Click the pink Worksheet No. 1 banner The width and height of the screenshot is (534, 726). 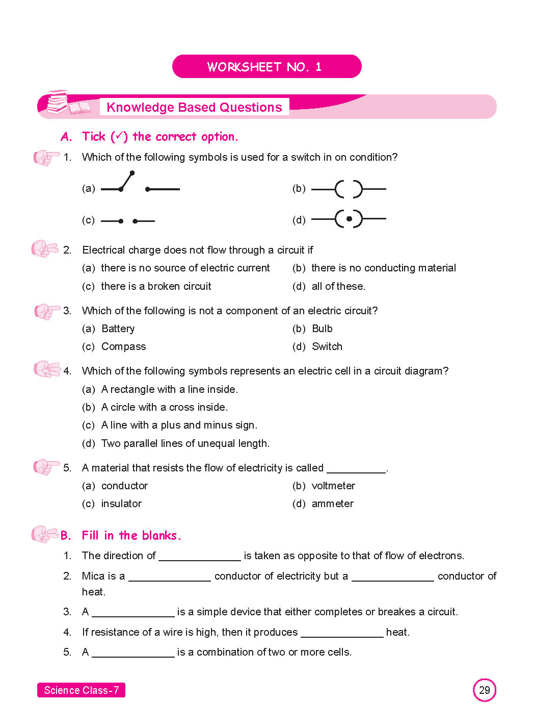coord(266,67)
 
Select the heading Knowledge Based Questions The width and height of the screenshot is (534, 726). coord(194,107)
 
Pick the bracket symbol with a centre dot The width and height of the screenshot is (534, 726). coord(349,219)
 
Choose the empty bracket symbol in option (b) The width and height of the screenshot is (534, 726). coord(349,189)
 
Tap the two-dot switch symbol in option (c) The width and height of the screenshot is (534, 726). coord(128,221)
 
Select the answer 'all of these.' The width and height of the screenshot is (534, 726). coord(338,286)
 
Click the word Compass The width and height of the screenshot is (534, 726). coord(123,346)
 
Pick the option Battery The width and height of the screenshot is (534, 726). coord(118,329)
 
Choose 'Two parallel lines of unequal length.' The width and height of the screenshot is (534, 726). coord(185,443)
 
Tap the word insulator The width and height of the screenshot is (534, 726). coord(121,504)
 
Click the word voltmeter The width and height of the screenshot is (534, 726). coord(333,486)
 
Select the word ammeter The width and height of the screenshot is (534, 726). coord(332,504)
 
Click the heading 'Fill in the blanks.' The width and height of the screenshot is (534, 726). coord(131,535)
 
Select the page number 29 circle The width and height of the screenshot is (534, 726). coord(484,690)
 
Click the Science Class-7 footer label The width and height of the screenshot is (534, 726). coord(82,690)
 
